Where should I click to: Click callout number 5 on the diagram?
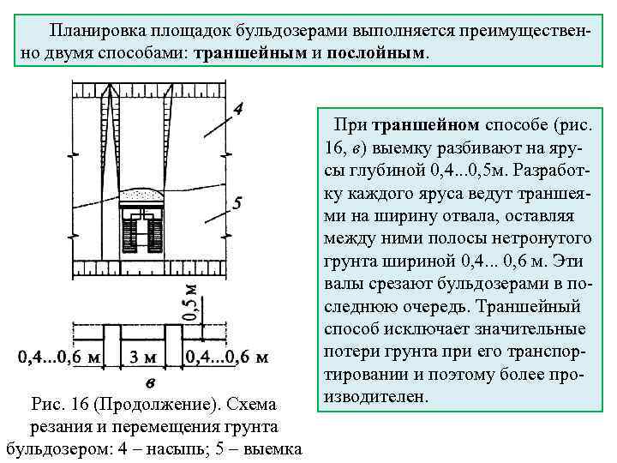(237, 203)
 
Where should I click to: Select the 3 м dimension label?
(142, 356)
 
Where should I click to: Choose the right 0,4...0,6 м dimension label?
(227, 356)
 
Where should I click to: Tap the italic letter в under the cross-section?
(151, 382)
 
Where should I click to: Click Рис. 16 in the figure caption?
(61, 402)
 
